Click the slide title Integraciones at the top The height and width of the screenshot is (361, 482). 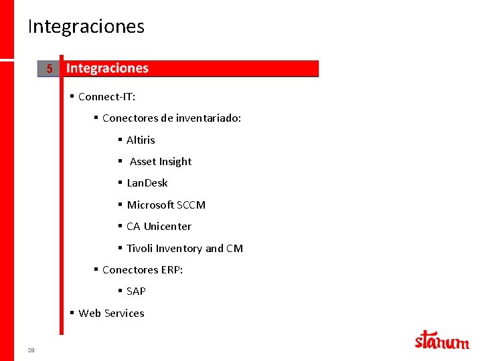pos(86,27)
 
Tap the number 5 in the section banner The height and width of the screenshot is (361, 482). pos(50,69)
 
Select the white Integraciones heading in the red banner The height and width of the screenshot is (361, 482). pos(107,68)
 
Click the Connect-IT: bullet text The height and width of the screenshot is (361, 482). pos(106,97)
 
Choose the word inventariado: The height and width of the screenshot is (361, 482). pos(209,118)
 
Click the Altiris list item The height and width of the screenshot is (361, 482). pos(141,140)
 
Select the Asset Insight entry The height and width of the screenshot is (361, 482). pos(160,162)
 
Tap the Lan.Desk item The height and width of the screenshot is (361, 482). pos(147,183)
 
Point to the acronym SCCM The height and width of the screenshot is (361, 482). pos(191,205)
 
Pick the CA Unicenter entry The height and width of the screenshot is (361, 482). pos(159,227)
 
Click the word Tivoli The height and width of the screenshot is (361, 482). pos(139,249)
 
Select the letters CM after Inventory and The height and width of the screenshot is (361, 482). pos(234,249)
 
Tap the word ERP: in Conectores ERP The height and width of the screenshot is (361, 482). pos(172,270)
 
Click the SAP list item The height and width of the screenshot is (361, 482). pos(136,291)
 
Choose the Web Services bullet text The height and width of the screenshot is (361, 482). pos(111,314)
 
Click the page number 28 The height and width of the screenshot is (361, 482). pos(31,350)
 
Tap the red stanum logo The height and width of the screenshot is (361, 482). pos(442,340)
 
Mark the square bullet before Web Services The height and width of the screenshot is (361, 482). pos(72,313)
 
